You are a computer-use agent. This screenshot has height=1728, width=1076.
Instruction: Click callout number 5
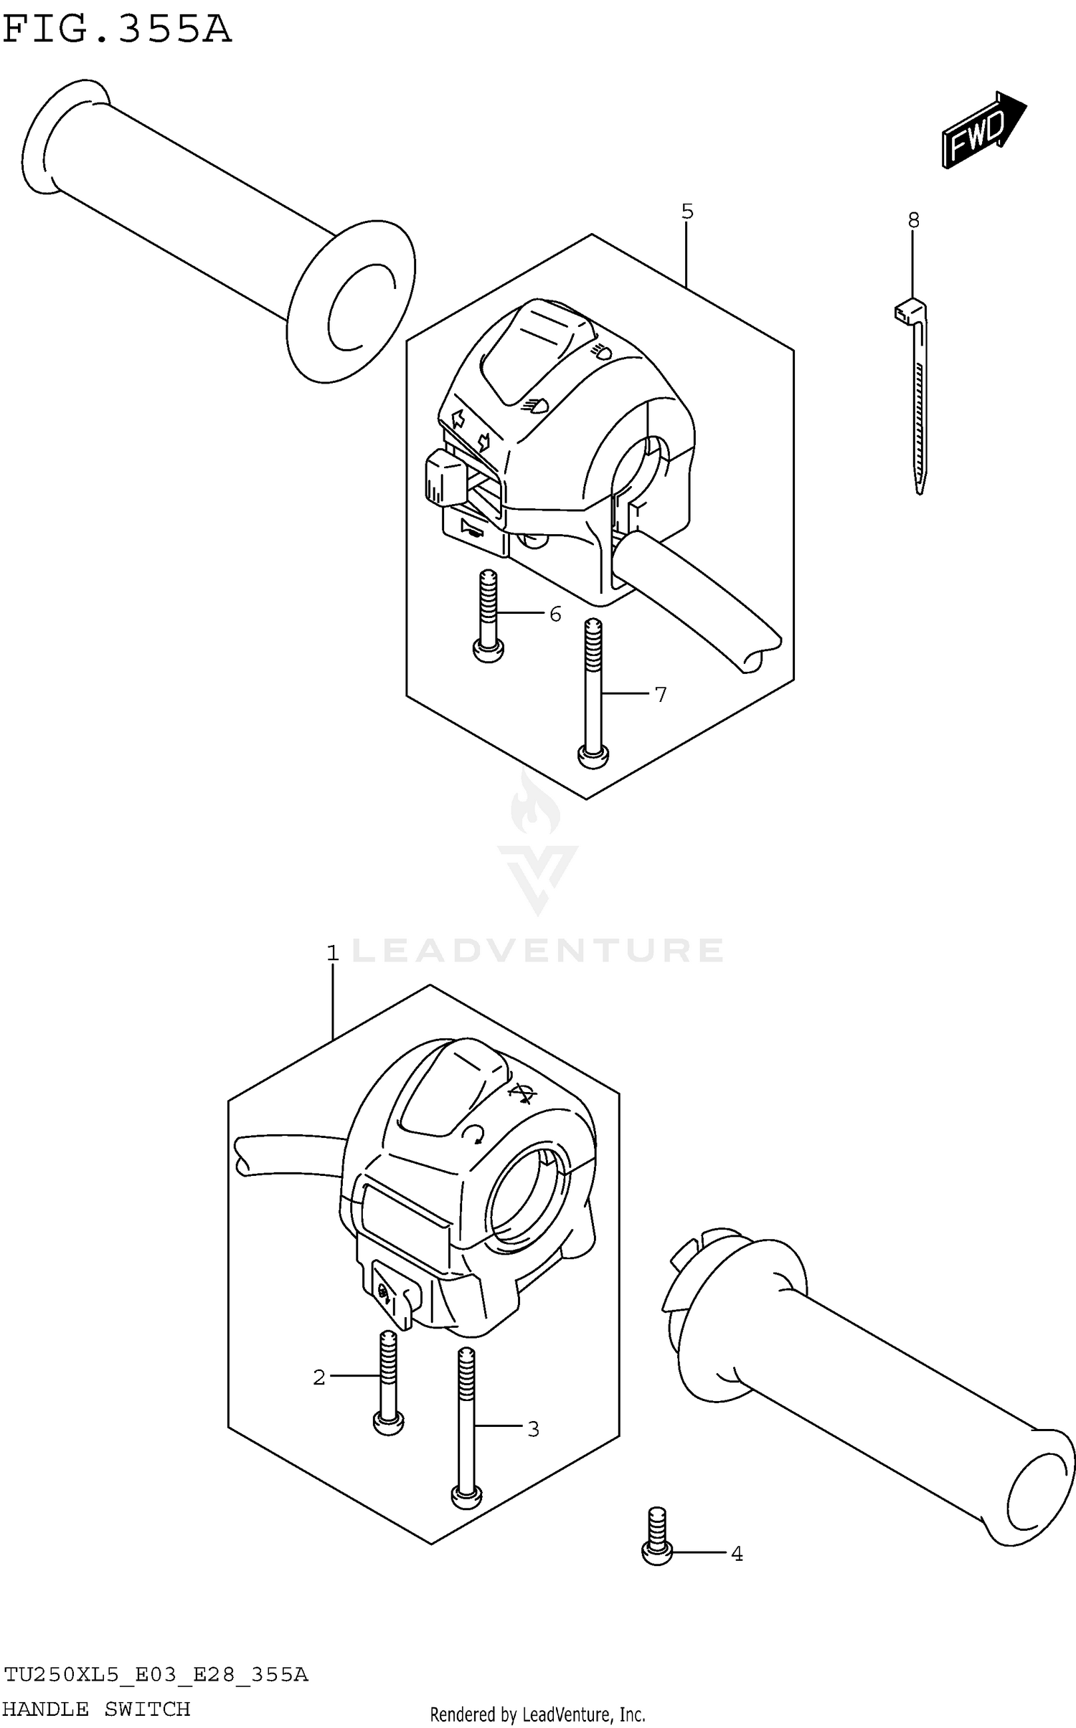point(687,212)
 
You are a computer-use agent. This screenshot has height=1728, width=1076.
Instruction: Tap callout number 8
point(913,220)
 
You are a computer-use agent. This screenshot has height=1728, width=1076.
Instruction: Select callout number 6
point(555,614)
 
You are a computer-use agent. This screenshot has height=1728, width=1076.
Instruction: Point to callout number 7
point(660,694)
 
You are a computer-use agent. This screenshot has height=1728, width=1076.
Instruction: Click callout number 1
point(332,953)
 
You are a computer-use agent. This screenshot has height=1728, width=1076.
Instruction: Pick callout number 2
point(319,1377)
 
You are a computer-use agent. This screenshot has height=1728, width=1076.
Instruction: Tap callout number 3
point(533,1429)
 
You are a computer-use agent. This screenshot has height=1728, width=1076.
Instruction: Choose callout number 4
point(737,1554)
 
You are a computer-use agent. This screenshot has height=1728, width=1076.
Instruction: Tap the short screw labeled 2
point(388,1380)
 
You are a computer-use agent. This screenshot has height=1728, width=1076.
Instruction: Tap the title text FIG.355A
point(117,30)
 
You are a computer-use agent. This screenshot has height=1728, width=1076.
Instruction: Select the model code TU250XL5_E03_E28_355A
point(156,1675)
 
